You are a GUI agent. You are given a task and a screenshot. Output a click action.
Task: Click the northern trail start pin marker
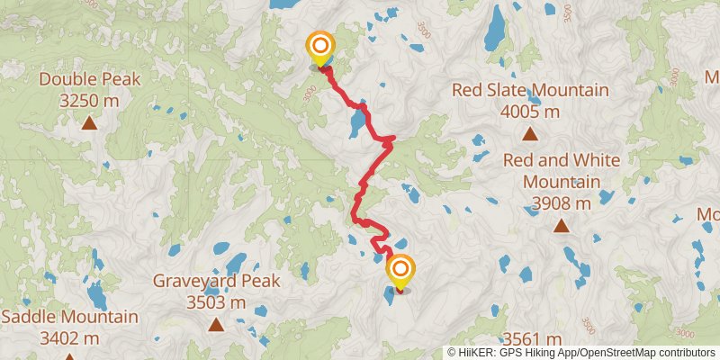(320, 48)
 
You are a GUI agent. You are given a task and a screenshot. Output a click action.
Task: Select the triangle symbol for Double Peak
(89, 122)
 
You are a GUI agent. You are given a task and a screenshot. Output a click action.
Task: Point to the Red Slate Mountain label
(530, 91)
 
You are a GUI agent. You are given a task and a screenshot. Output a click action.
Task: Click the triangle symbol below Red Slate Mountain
(530, 135)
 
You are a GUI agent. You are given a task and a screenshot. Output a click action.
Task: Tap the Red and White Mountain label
(561, 170)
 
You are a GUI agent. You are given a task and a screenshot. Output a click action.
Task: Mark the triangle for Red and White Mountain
(561, 226)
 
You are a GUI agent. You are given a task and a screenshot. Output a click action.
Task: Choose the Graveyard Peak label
(216, 281)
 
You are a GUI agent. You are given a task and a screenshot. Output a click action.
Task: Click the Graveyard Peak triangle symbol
(216, 324)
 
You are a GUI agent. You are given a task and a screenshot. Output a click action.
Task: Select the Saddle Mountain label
(70, 317)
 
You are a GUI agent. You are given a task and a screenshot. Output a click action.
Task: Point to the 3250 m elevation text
(89, 101)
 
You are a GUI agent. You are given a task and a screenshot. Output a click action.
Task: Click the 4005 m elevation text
(530, 112)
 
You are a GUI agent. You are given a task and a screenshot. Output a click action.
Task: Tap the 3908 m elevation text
(561, 203)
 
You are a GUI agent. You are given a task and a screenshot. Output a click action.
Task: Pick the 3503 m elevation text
(216, 302)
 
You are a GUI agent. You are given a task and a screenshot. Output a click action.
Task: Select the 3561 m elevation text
(532, 338)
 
